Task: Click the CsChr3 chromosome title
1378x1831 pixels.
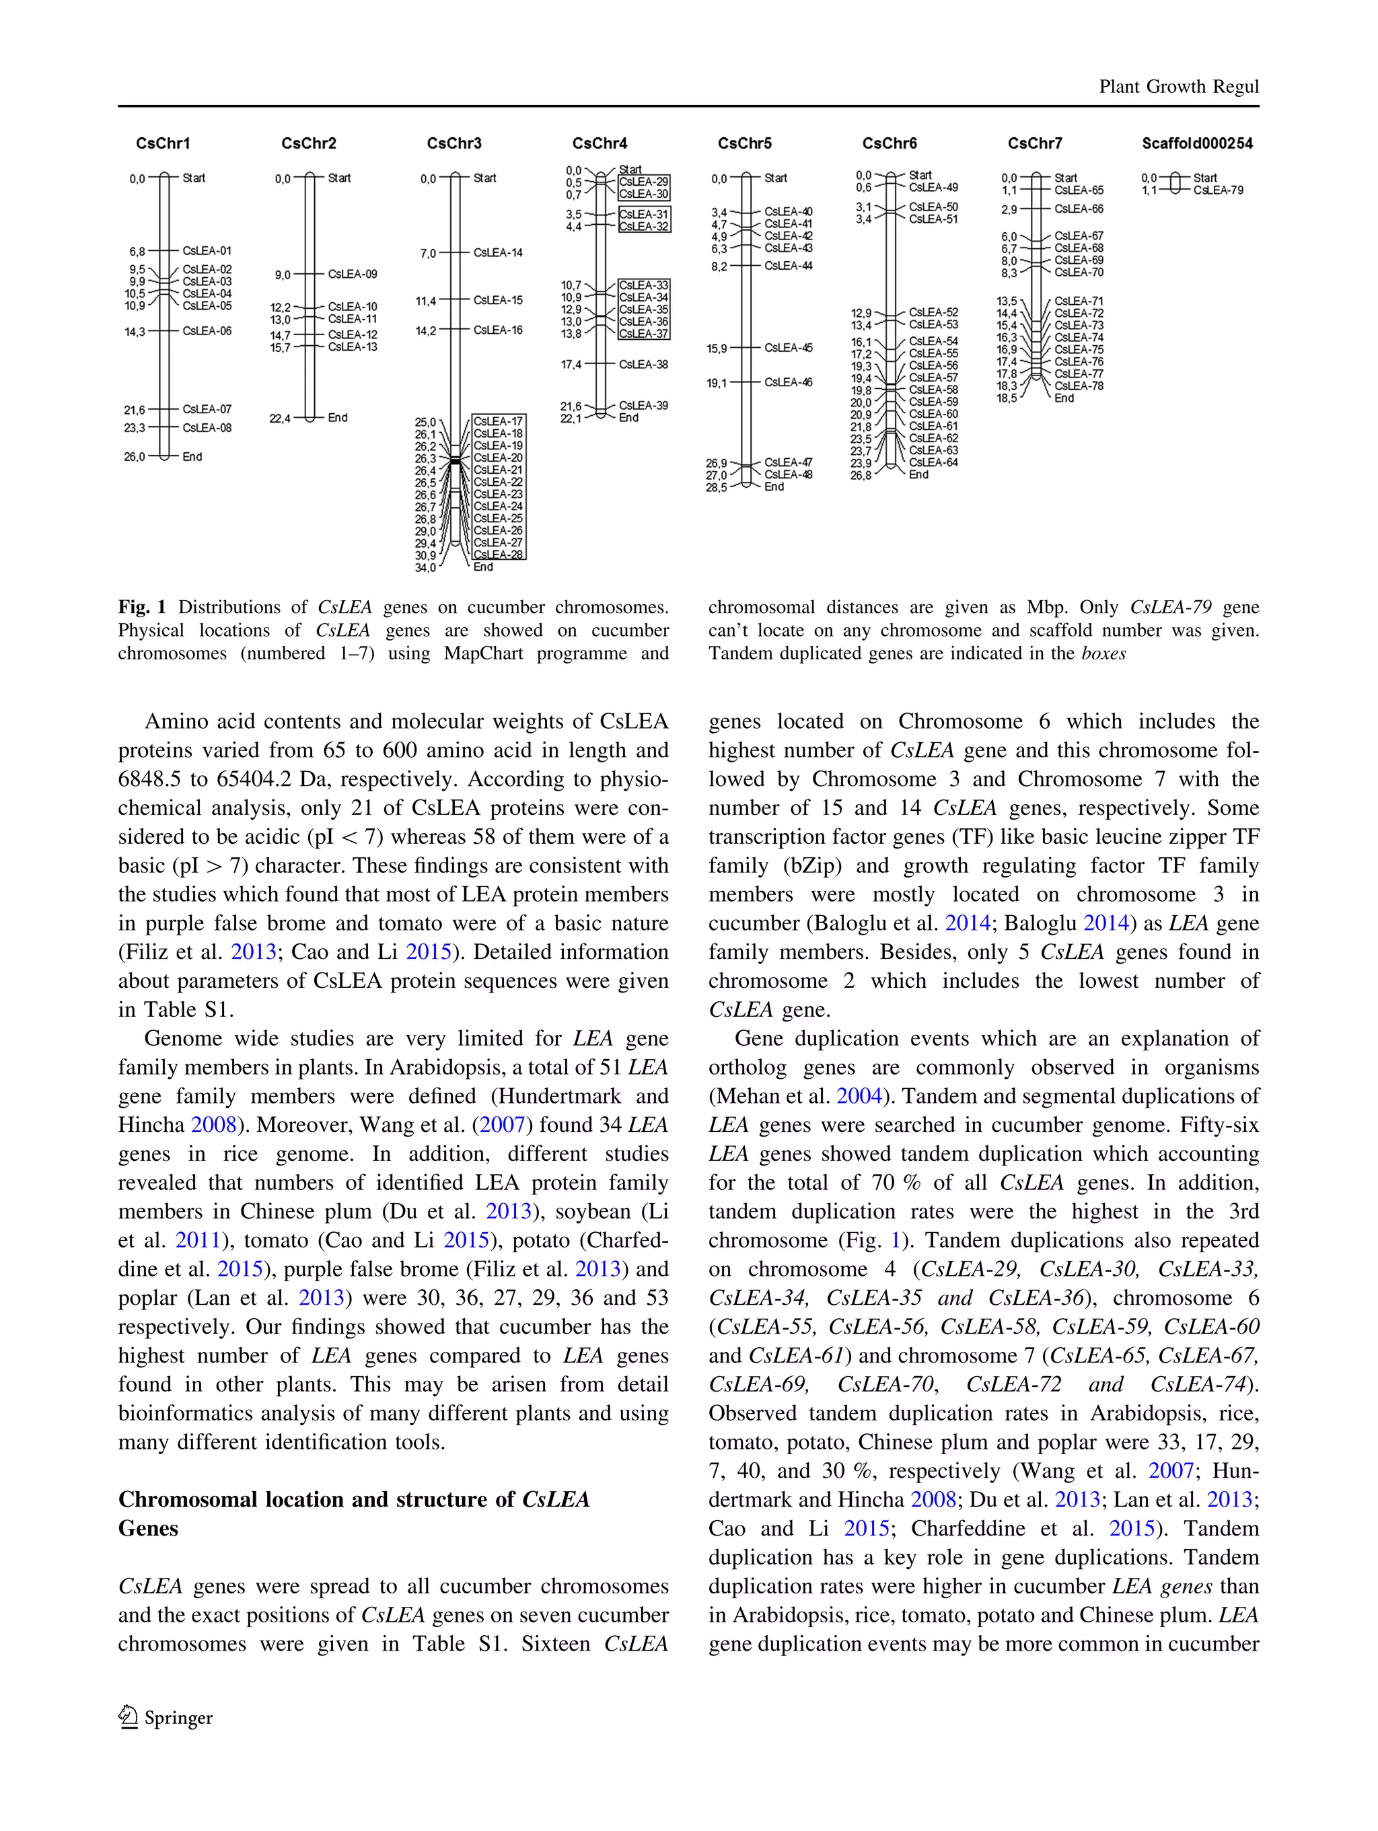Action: pyautogui.click(x=454, y=143)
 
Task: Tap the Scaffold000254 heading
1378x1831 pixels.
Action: pyautogui.click(x=1197, y=143)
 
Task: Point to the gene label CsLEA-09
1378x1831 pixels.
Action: pyautogui.click(x=352, y=274)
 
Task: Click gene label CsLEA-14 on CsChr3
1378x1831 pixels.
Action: pyautogui.click(x=497, y=252)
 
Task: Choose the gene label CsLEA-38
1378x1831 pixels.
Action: pyautogui.click(x=643, y=364)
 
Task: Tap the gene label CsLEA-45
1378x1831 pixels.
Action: pyautogui.click(x=788, y=348)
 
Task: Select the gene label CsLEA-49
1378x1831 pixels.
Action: pyautogui.click(x=933, y=187)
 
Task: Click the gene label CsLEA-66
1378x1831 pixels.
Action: pyautogui.click(x=1079, y=209)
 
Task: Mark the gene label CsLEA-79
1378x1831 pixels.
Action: pyautogui.click(x=1217, y=190)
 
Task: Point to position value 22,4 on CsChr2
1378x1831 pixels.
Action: pyautogui.click(x=280, y=419)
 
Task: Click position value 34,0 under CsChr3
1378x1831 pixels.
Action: pyautogui.click(x=425, y=568)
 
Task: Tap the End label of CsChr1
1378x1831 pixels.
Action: pyautogui.click(x=192, y=457)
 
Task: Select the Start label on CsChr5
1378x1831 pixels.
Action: pyautogui.click(x=776, y=178)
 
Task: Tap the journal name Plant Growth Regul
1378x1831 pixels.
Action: pyautogui.click(x=1177, y=87)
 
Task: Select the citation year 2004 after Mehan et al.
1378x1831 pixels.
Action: pyautogui.click(x=859, y=1096)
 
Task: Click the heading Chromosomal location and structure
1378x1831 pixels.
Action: pyautogui.click(x=353, y=1499)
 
